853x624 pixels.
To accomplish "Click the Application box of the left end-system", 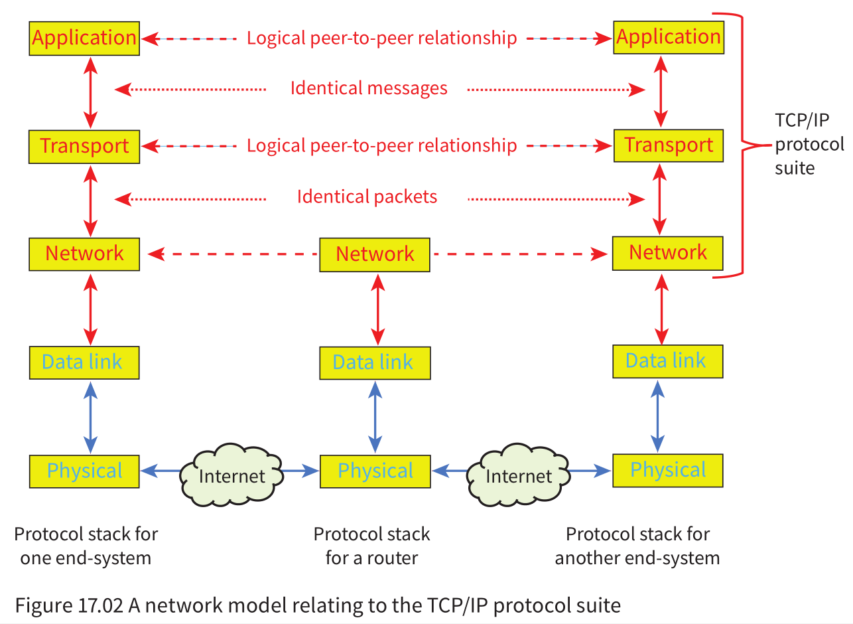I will click(84, 38).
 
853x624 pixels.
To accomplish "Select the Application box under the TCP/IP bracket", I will click(668, 37).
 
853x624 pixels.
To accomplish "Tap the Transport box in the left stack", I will click(84, 146).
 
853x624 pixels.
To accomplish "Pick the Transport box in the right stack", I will click(668, 145).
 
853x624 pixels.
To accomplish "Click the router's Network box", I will click(375, 254).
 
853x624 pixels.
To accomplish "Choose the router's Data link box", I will click(375, 362).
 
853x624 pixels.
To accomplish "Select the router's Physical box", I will click(375, 471).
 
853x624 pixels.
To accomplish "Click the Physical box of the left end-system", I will click(84, 471).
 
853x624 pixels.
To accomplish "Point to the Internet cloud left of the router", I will click(231, 475).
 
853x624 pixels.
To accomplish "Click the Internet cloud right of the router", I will click(517, 475).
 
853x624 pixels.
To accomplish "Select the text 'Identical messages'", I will click(369, 88).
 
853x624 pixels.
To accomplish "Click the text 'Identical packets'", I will click(367, 196).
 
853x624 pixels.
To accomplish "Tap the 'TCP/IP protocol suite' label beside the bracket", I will click(809, 144).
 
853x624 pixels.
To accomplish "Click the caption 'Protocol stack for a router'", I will click(371, 546).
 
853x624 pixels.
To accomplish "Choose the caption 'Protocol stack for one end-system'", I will click(86, 546).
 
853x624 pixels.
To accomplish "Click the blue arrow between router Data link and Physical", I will click(375, 417).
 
